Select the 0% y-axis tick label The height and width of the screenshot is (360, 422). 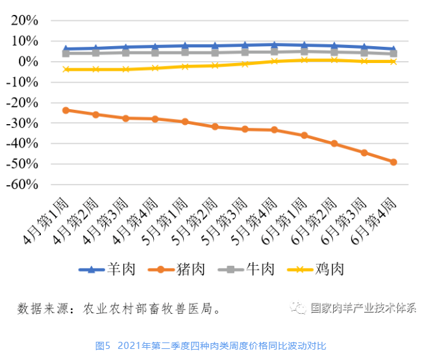coord(31,62)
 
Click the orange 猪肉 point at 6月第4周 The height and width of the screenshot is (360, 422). coord(393,162)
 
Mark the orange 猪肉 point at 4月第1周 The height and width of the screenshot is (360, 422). coord(66,110)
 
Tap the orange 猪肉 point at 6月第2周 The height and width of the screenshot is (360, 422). coord(334,144)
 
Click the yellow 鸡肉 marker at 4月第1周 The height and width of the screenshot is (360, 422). coord(66,69)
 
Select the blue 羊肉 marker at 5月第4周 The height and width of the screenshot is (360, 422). coord(274,45)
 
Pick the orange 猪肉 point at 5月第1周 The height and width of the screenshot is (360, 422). coord(185,122)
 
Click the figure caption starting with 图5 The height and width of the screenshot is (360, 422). coord(211,345)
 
